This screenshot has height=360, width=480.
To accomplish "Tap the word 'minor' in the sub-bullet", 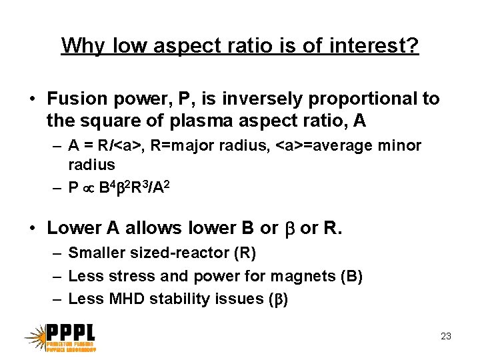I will tap(398, 145).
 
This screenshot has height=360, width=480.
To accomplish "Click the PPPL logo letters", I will tap(71, 333).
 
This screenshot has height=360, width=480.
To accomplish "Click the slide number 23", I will tap(446, 336).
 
